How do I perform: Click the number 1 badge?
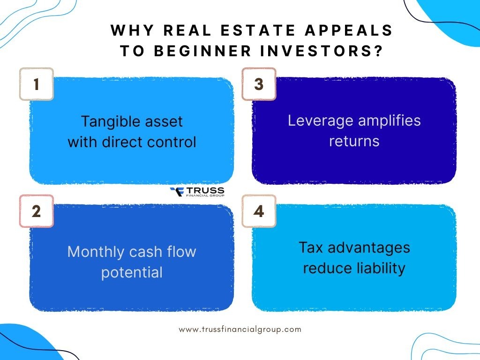[36, 84]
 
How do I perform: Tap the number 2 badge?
[36, 211]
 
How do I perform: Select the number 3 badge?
[259, 84]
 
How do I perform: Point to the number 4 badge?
[259, 211]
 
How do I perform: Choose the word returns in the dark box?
[354, 141]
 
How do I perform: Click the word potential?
[132, 272]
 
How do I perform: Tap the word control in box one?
[175, 142]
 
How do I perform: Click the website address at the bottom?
[240, 329]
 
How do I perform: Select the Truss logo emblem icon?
[177, 192]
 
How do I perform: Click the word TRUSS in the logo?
[205, 190]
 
